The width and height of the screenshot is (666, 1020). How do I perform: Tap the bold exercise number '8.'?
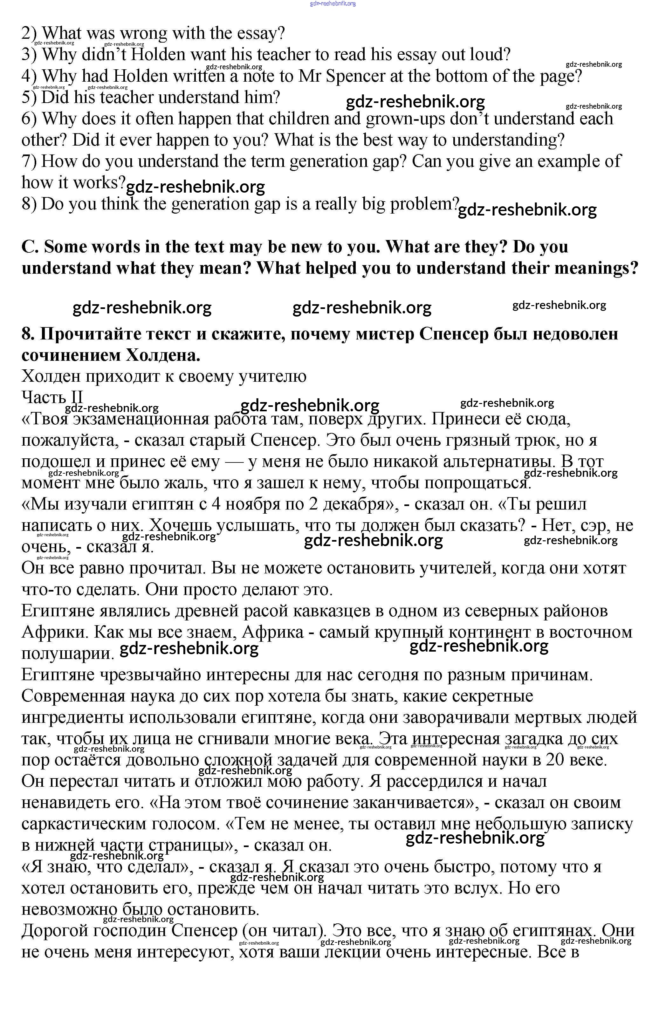[x=28, y=334]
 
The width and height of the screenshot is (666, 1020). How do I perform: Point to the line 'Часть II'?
[x=52, y=397]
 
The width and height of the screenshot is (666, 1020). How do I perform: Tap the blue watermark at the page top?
[x=333, y=4]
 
